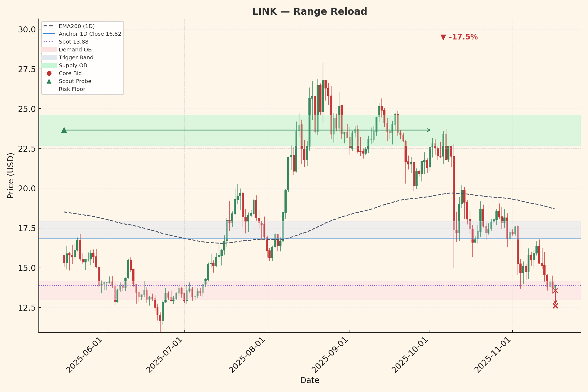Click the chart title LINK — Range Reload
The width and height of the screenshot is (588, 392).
(310, 12)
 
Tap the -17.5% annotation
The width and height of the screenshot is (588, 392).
(459, 37)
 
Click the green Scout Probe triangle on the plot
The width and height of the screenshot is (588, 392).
(64, 130)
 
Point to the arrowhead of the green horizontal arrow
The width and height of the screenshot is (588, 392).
(429, 130)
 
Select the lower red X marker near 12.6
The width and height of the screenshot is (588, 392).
(555, 306)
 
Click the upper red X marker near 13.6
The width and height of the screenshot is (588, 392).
(555, 290)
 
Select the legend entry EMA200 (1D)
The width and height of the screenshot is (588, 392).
(76, 26)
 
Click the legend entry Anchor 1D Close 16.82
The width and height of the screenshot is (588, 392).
(90, 34)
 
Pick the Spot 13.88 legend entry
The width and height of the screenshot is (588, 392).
(73, 42)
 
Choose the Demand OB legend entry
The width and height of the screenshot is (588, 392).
(75, 50)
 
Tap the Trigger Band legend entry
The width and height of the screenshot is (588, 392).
(76, 58)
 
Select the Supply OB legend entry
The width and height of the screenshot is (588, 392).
(73, 66)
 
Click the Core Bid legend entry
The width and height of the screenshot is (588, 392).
(70, 73)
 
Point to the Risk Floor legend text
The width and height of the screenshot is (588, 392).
(72, 89)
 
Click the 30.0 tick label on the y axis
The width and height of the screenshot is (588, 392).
(27, 29)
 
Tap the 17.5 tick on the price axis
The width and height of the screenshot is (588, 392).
(27, 228)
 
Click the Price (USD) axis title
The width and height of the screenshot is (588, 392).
(11, 176)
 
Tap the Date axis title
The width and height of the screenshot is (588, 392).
(310, 380)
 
